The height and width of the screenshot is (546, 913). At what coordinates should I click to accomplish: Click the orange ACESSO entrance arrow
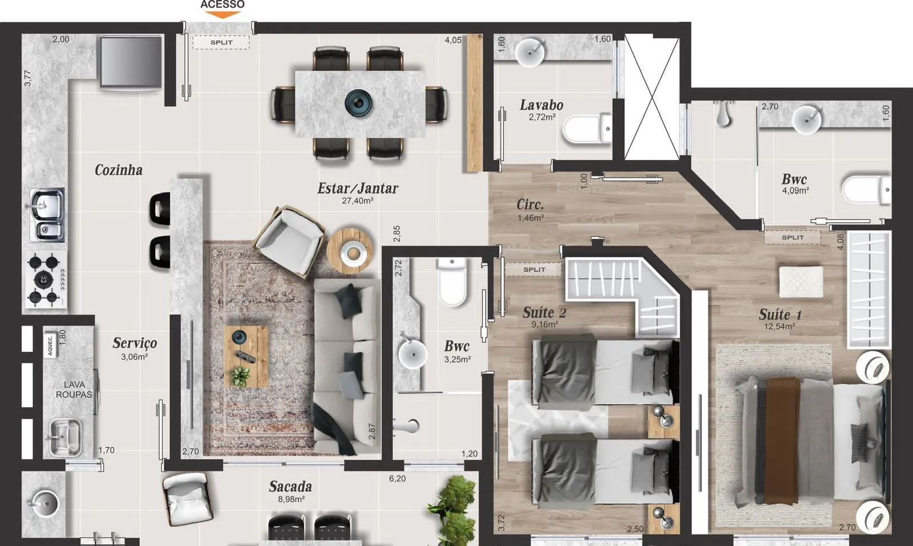[x=222, y=15]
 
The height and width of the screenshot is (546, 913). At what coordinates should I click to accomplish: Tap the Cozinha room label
[x=119, y=170]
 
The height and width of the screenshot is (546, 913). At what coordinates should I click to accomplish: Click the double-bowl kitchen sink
[x=46, y=215]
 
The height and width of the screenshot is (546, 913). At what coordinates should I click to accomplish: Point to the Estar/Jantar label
[x=358, y=188]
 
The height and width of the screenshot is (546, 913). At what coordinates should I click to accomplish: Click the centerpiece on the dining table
[x=358, y=102]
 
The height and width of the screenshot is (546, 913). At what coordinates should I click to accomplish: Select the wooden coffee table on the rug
[x=246, y=356]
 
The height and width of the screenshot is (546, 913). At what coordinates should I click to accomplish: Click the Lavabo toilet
[x=587, y=129]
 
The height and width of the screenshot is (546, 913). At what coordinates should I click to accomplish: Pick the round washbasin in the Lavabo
[x=530, y=52]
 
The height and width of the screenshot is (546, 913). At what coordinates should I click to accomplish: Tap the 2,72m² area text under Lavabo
[x=542, y=117]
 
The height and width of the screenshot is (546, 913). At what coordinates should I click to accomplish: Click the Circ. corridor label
[x=530, y=204]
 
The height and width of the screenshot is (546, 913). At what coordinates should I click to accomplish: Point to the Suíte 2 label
[x=544, y=312]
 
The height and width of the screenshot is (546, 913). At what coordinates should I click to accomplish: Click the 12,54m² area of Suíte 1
[x=779, y=327]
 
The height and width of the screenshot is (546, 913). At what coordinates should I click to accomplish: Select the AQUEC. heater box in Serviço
[x=50, y=345]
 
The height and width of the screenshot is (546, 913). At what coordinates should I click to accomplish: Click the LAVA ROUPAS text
[x=74, y=390]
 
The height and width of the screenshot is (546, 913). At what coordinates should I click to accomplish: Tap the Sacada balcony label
[x=290, y=487]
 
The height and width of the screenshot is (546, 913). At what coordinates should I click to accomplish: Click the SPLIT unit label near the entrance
[x=221, y=42]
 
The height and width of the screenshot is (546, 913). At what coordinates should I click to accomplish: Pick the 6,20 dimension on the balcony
[x=397, y=479]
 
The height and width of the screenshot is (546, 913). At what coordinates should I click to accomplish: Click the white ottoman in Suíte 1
[x=801, y=282]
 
